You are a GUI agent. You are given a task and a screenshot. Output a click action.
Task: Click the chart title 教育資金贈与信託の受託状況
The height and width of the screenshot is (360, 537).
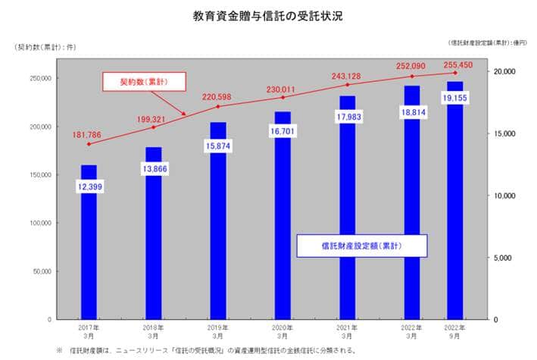click(x=268, y=16)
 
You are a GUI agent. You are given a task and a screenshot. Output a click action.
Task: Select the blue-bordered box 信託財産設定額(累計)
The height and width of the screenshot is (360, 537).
click(x=361, y=246)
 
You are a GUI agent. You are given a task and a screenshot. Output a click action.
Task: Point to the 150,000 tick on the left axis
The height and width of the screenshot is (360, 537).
click(x=36, y=175)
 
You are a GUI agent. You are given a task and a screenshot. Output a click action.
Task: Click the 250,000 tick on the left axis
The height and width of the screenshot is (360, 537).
click(x=36, y=78)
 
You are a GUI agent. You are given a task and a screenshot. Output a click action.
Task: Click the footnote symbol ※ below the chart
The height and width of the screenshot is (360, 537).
click(x=60, y=351)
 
